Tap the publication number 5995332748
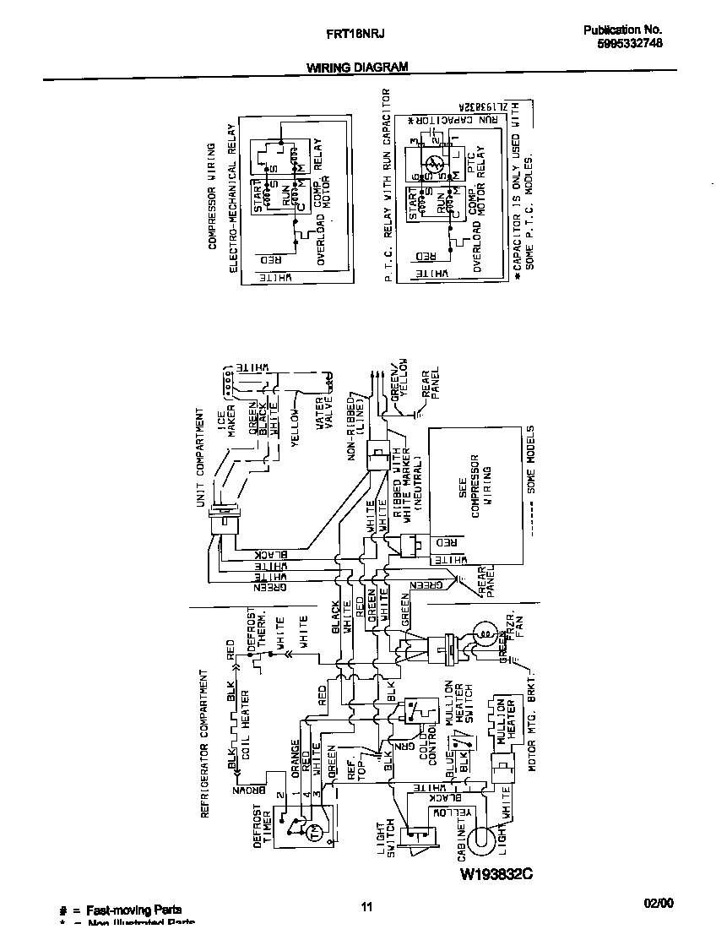(x=622, y=47)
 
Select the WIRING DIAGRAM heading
(x=356, y=67)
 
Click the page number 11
(x=366, y=907)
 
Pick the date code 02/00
(x=659, y=903)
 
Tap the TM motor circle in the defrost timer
(x=315, y=834)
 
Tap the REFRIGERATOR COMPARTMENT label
(x=203, y=744)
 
